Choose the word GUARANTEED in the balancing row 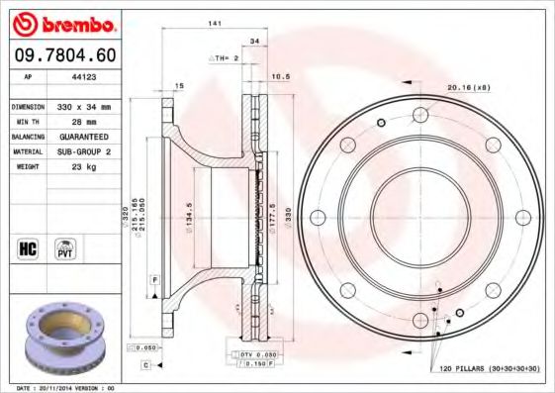83,137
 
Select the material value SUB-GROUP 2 83,151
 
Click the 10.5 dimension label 280,76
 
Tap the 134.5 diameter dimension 188,234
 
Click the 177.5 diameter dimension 272,219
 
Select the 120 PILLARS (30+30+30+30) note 490,369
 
